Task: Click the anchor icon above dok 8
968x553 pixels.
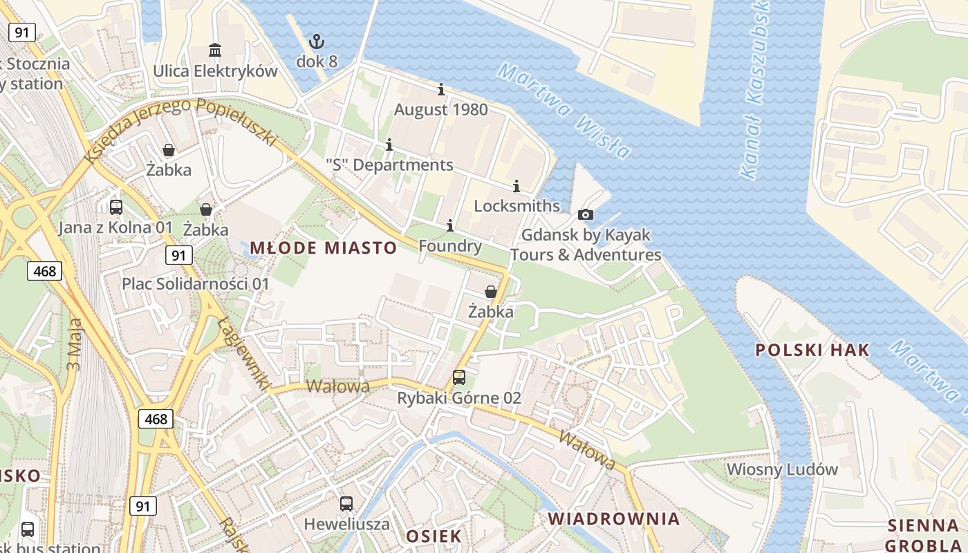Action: (316, 41)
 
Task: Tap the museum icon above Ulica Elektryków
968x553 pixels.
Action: (215, 50)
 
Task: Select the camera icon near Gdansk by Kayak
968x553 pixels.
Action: (585, 215)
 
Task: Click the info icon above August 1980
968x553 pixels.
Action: (441, 90)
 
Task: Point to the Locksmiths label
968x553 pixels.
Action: (516, 206)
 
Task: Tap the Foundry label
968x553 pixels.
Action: (450, 246)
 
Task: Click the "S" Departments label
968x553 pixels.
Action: (389, 165)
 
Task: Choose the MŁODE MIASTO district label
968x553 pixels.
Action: (324, 247)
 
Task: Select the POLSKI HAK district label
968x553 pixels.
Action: (812, 350)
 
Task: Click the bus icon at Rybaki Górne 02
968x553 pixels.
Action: (459, 377)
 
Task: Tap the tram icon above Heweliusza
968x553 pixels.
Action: (346, 504)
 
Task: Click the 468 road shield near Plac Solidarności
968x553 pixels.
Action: (45, 271)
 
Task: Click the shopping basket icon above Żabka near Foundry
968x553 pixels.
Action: (490, 292)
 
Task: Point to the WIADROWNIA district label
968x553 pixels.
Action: (614, 518)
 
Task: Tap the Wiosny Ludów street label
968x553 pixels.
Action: (782, 469)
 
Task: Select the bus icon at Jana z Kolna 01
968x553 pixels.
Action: (116, 207)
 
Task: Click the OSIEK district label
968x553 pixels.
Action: (434, 536)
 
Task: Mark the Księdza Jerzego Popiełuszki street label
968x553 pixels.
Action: (180, 129)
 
